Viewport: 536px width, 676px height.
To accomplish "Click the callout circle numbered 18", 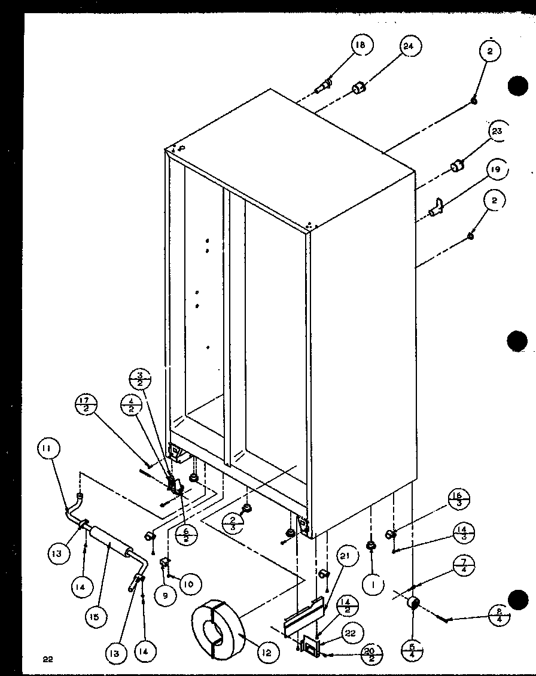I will pyautogui.click(x=361, y=46).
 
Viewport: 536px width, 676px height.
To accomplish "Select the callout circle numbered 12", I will pyautogui.click(x=267, y=653).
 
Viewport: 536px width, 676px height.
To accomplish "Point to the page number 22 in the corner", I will pyautogui.click(x=48, y=660).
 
